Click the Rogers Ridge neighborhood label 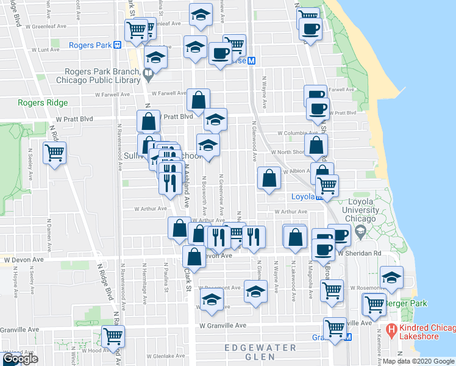click(x=43, y=103)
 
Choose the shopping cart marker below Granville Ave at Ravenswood click(x=113, y=335)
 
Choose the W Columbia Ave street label click(x=298, y=132)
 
